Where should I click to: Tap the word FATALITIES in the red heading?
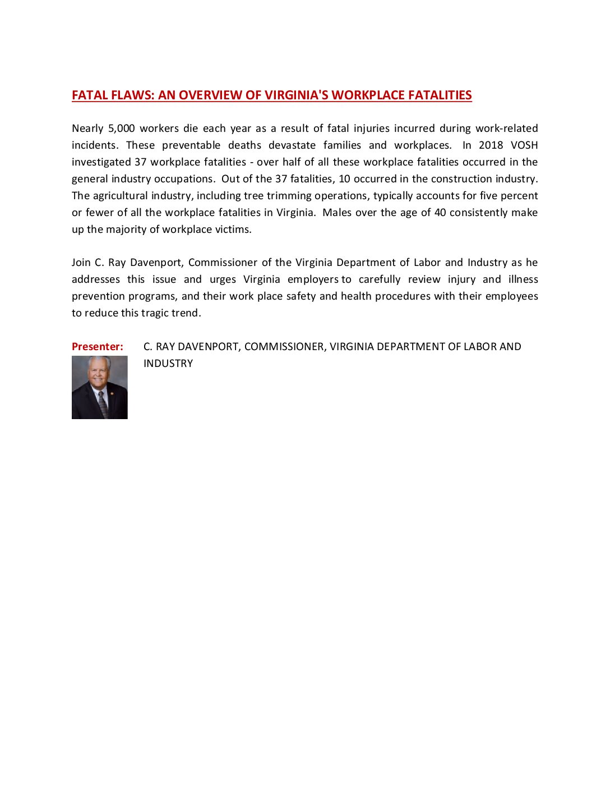(440, 95)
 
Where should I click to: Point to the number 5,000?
(122, 128)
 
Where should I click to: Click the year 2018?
(491, 145)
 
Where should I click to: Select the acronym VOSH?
(524, 145)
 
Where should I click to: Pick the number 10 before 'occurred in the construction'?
(345, 179)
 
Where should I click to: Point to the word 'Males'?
(338, 213)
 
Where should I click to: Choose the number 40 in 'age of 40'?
(440, 213)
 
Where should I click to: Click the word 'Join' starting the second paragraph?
(81, 263)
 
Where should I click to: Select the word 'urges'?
(223, 279)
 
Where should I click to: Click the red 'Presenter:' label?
(98, 347)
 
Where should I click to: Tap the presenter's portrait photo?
(100, 387)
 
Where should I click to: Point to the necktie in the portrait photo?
(103, 404)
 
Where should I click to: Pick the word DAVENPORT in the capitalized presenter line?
(210, 347)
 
